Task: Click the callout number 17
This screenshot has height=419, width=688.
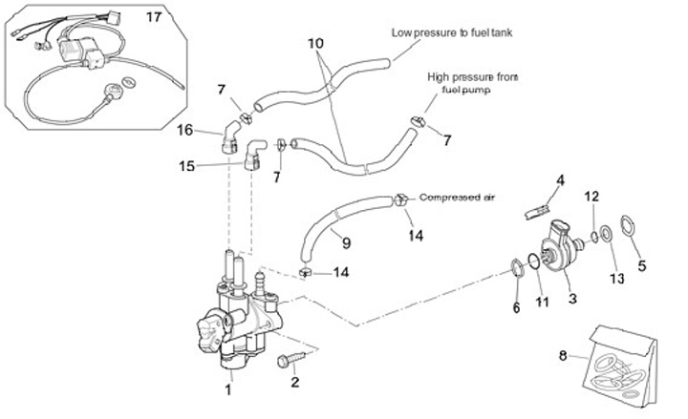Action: [154, 18]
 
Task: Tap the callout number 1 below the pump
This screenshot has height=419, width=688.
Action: [228, 388]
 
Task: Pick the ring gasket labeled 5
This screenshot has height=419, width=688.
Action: [629, 226]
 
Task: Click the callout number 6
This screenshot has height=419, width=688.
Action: [517, 307]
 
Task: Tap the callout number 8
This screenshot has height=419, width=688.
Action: [564, 355]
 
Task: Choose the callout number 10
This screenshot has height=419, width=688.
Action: [316, 44]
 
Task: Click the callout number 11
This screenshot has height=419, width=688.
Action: [542, 304]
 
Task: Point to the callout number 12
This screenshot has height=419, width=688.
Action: [592, 196]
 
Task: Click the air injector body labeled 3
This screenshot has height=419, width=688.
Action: [559, 247]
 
